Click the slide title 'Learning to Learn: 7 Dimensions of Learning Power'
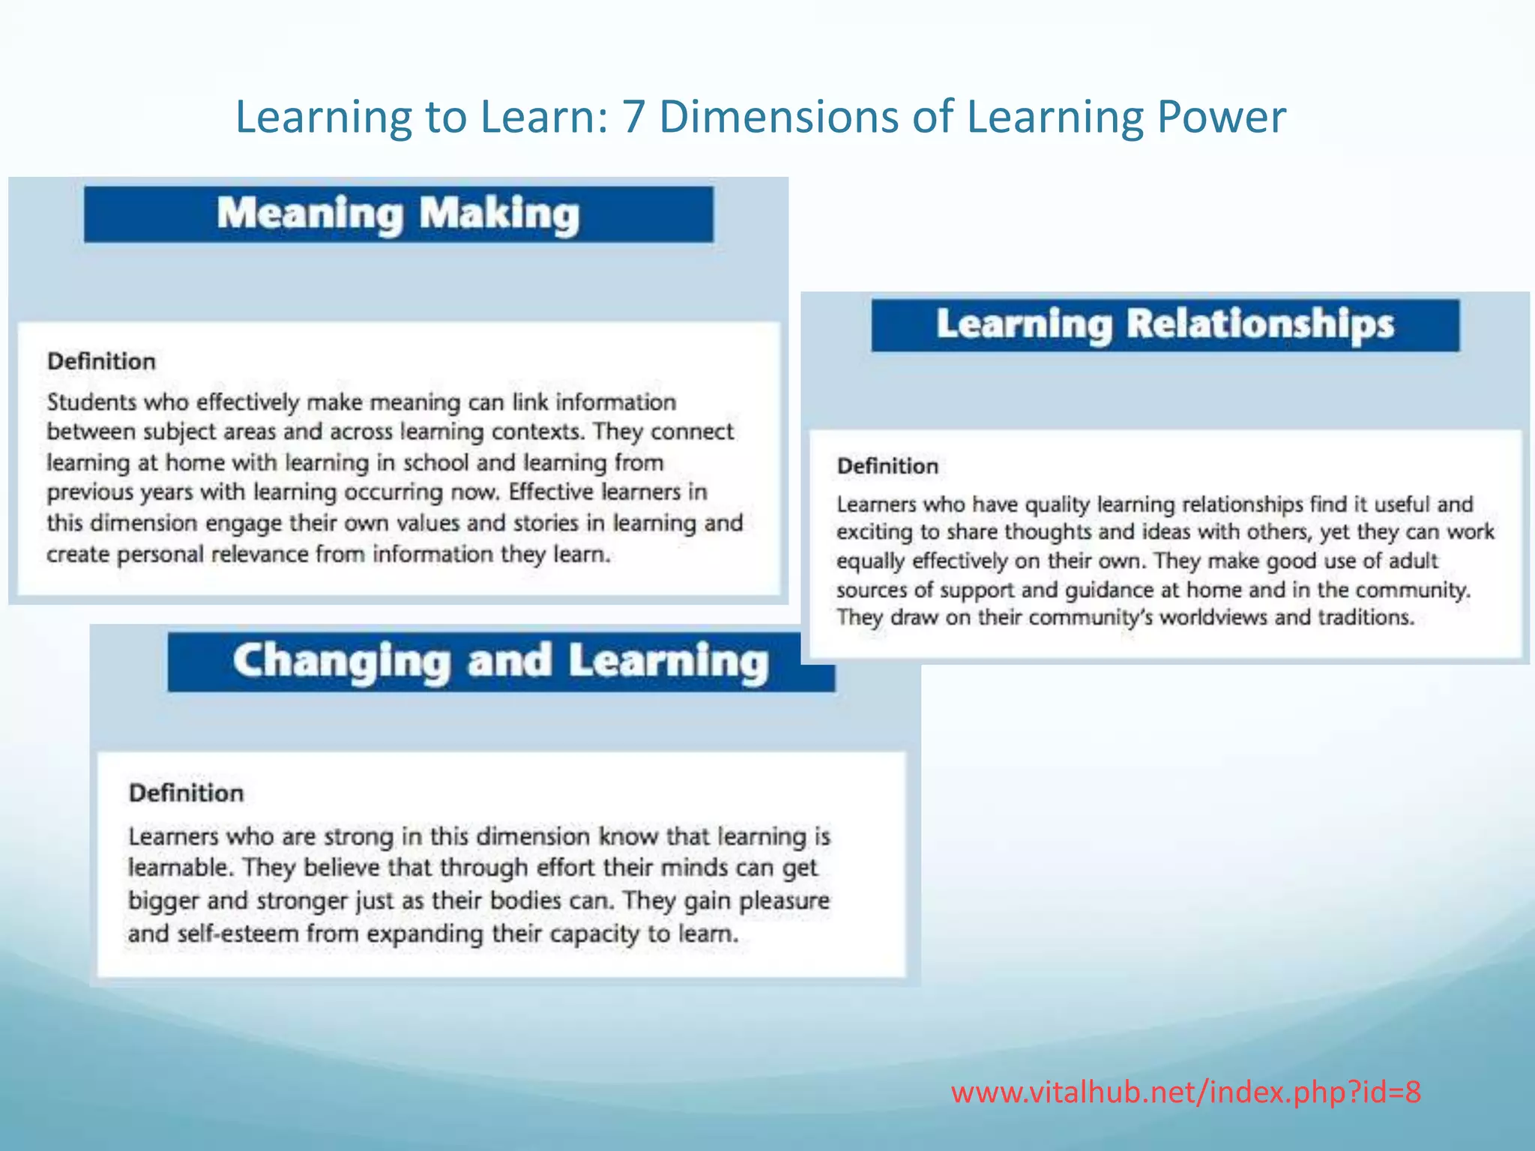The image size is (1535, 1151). (x=760, y=117)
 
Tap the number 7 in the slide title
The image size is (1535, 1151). (x=633, y=117)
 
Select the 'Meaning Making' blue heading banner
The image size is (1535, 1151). (x=398, y=214)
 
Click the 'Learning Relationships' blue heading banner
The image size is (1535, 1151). (x=1165, y=325)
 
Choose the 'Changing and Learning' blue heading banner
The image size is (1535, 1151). (x=501, y=662)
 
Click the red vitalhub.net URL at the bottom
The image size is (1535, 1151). (x=1186, y=1093)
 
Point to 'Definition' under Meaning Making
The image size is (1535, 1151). (x=101, y=361)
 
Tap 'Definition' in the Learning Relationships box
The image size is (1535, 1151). (x=887, y=466)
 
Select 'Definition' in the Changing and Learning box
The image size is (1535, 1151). (x=186, y=793)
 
